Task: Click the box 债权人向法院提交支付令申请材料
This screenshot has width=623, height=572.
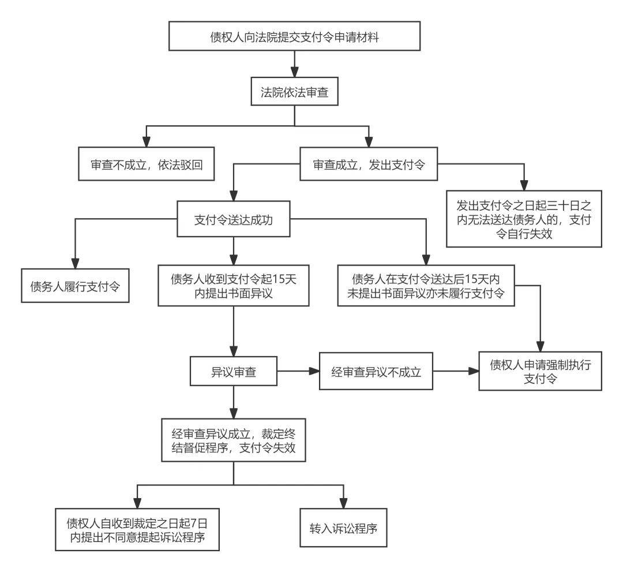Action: [x=294, y=37]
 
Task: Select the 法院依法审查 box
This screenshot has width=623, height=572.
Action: [x=294, y=92]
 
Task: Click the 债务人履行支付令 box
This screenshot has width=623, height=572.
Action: [x=75, y=286]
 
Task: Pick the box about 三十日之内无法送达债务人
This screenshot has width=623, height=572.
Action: [x=524, y=219]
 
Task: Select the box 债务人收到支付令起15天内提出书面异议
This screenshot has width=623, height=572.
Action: [x=233, y=286]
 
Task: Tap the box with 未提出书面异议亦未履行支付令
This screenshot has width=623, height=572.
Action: [x=426, y=286]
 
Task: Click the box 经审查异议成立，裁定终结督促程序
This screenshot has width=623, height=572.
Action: [x=233, y=441]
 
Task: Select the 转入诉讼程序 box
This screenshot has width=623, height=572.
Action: [x=344, y=528]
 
